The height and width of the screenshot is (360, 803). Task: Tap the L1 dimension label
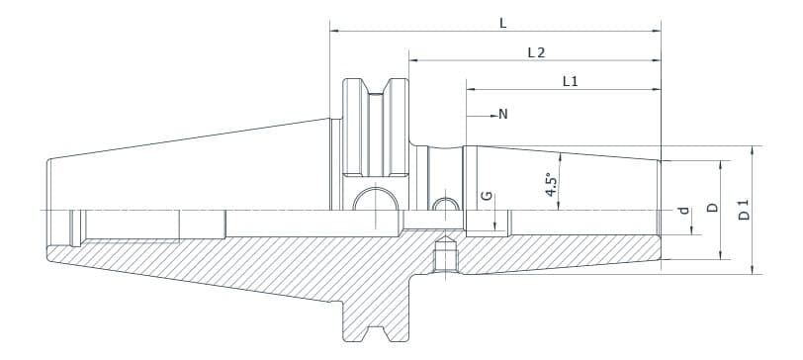coord(570,82)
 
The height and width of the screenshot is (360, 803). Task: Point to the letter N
coord(503,115)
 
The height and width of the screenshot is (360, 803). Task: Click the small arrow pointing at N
coord(491,115)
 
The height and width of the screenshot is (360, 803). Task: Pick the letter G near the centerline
coord(486,196)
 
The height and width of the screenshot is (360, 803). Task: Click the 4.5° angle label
coord(552,185)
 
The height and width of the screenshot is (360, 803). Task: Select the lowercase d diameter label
coord(682,211)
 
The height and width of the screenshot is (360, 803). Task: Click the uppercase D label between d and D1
coord(711,209)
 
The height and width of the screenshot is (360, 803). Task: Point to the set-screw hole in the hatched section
coord(446,256)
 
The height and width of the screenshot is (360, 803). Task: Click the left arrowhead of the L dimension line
coord(333,32)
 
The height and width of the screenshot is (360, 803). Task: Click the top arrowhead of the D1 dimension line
coord(753,150)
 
